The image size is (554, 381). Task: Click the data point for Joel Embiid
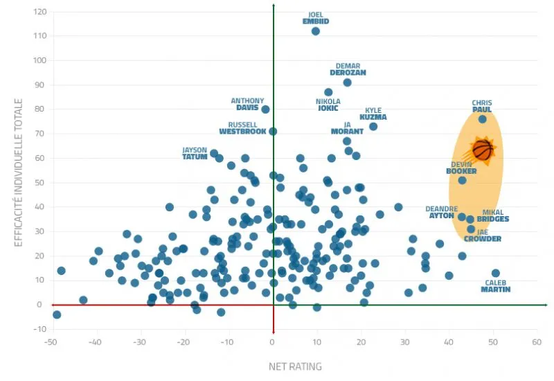click(x=316, y=31)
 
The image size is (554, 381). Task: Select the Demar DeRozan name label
click(x=348, y=69)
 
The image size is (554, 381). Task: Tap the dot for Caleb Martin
click(x=495, y=274)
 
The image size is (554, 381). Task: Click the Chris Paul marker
click(x=482, y=119)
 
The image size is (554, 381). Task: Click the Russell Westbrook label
click(x=242, y=128)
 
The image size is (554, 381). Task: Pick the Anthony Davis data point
click(x=265, y=109)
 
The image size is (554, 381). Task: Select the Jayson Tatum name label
click(x=195, y=153)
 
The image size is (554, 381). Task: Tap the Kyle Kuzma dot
click(x=373, y=126)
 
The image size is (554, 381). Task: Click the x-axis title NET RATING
click(x=295, y=366)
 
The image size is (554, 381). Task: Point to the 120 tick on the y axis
click(x=39, y=12)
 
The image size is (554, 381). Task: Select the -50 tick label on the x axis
click(x=51, y=342)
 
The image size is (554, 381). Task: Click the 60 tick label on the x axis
click(x=536, y=342)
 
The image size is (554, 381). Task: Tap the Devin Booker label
click(x=461, y=168)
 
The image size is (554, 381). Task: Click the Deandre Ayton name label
click(x=441, y=212)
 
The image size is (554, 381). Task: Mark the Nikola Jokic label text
click(x=328, y=105)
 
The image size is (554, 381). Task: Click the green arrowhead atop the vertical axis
click(x=274, y=6)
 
